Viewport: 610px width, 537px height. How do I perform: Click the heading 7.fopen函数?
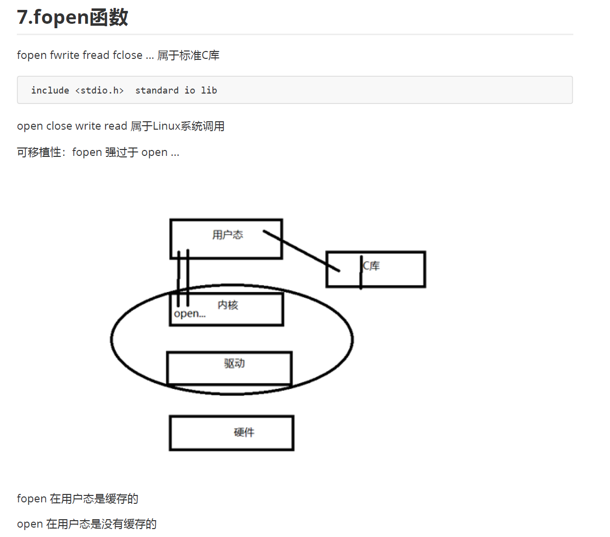[x=72, y=17]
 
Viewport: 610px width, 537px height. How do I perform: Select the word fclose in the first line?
[x=127, y=55]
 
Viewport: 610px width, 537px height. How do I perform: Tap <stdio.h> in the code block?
[x=99, y=91]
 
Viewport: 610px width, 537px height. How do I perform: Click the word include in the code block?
[x=50, y=91]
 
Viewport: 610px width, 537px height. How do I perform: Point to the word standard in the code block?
[x=157, y=91]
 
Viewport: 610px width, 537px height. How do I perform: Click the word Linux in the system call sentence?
[x=166, y=126]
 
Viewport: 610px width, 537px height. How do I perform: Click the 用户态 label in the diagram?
[x=228, y=235]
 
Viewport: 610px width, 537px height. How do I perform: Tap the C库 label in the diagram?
[x=372, y=266]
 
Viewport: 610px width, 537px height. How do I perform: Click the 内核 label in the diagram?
[x=228, y=305]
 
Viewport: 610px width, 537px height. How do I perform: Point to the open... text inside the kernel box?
[x=190, y=314]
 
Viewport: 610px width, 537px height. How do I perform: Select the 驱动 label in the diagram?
[x=234, y=363]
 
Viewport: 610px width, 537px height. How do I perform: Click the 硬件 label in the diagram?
[x=244, y=432]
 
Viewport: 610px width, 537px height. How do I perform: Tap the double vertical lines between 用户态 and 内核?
[x=183, y=277]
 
